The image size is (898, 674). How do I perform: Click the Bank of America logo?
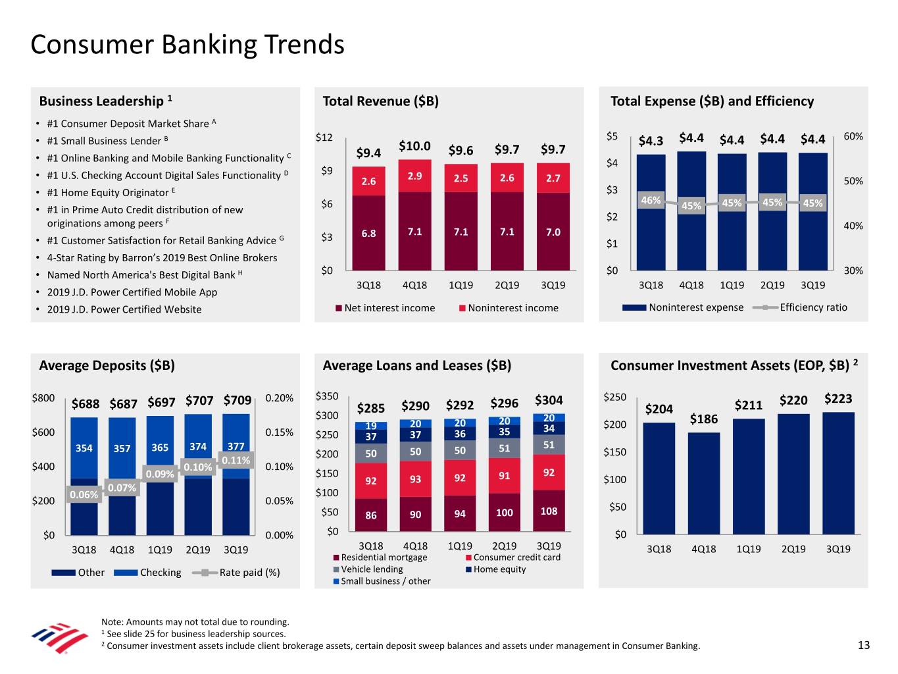point(59,637)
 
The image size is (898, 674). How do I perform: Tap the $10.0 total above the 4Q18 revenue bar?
point(414,146)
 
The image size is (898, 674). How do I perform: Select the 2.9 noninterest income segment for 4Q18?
point(414,176)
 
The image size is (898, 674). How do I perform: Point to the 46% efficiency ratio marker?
point(651,201)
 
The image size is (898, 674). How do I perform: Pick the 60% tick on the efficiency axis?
point(853,136)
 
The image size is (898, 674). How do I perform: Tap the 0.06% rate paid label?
point(84,495)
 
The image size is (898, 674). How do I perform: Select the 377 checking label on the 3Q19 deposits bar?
point(236,447)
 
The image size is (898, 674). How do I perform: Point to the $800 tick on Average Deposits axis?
point(43,398)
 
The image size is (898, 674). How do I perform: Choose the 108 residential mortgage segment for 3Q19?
point(549,511)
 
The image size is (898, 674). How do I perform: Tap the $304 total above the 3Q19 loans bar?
point(549,400)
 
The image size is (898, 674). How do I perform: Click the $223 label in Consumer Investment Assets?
point(838,399)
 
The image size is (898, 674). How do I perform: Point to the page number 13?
point(864,645)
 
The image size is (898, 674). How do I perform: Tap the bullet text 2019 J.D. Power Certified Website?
point(124,309)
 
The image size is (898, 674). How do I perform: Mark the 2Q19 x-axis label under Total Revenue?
point(507,285)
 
